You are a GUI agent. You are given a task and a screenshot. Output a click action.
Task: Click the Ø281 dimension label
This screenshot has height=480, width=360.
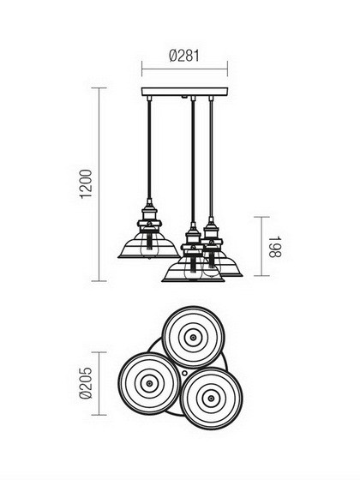tap(184, 56)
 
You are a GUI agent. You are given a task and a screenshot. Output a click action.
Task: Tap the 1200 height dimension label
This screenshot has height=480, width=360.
tap(86, 184)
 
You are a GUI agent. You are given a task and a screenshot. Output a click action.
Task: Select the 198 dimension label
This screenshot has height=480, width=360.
tap(274, 247)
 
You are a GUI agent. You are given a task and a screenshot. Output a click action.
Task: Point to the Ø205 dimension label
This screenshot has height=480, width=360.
tap(86, 383)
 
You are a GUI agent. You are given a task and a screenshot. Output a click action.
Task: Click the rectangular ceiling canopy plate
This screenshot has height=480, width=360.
tap(184, 92)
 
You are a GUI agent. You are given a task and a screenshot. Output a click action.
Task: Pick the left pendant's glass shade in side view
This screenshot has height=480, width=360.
tap(149, 248)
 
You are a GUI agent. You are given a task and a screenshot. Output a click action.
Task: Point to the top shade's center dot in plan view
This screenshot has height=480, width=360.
tap(193, 338)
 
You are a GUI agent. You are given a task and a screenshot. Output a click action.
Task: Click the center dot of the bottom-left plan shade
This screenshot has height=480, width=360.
tap(149, 383)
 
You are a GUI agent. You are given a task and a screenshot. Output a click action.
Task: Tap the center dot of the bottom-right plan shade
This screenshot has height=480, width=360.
tap(211, 399)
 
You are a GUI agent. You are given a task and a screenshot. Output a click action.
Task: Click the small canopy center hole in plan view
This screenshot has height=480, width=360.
tap(184, 373)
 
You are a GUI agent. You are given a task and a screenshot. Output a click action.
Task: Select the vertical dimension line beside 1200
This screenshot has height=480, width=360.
tap(99, 184)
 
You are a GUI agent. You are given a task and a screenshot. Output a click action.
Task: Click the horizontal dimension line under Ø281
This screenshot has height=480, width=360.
tap(184, 69)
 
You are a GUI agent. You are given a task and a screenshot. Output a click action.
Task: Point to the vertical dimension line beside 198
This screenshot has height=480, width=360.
tap(261, 247)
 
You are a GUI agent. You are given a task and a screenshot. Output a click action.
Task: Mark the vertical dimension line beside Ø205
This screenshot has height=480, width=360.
tap(99, 384)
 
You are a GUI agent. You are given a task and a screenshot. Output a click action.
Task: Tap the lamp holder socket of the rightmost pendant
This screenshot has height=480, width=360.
tap(211, 231)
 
